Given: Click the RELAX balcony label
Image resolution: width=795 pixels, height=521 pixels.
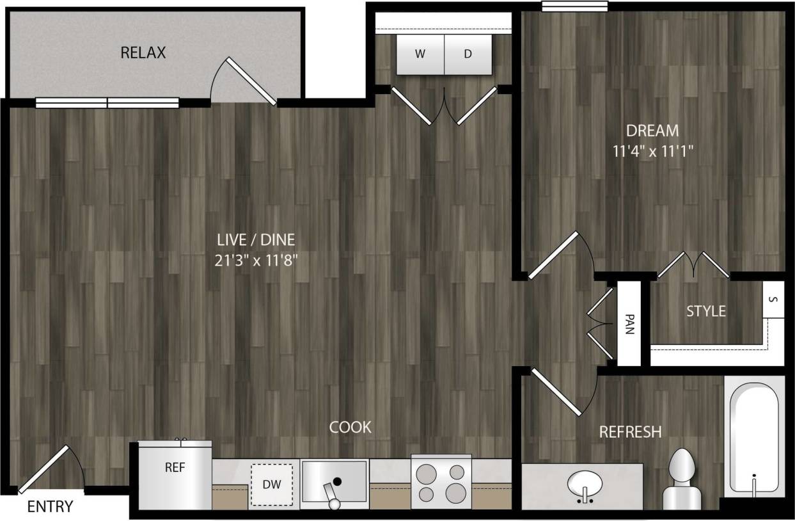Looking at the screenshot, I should click(x=143, y=52).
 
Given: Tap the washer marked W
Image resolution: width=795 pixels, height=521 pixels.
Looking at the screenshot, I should click(x=420, y=54).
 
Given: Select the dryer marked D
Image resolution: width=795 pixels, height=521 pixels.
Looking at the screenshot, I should click(x=468, y=54).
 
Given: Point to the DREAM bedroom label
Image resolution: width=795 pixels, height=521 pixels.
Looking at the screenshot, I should click(x=652, y=131).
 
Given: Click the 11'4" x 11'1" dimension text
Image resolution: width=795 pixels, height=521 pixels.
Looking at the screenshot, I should click(x=652, y=152).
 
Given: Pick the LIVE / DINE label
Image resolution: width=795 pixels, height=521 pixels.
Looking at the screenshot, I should click(x=256, y=240).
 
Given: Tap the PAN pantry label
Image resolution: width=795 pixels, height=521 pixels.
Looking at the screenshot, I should click(x=629, y=323).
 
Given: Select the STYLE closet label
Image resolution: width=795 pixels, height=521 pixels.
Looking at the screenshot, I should click(x=706, y=311).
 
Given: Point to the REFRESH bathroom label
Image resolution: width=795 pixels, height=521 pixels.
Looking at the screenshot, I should click(x=630, y=432).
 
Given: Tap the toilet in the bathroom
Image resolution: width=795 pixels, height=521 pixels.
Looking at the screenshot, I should click(x=680, y=479).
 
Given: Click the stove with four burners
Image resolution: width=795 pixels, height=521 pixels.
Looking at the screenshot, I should click(x=441, y=482).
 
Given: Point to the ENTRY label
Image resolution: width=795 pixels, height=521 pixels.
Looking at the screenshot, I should click(x=50, y=507).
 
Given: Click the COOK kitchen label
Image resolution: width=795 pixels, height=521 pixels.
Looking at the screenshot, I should click(x=350, y=427).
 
